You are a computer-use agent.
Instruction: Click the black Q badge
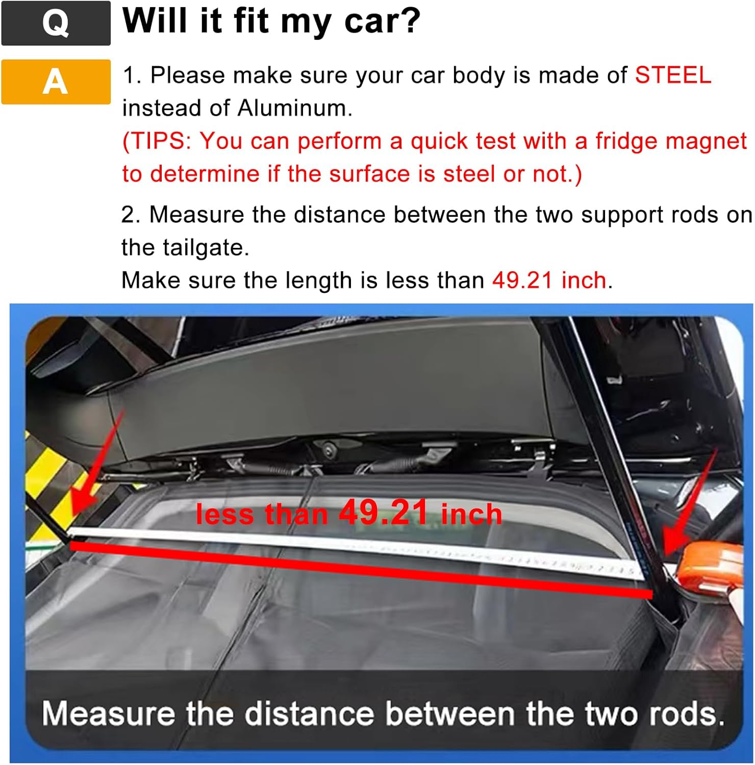[x=56, y=23]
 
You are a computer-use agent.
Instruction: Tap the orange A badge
[x=56, y=82]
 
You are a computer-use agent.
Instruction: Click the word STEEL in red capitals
[x=672, y=75]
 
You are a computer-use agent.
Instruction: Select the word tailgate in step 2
[x=205, y=248]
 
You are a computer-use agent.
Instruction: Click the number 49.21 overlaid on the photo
[x=383, y=512]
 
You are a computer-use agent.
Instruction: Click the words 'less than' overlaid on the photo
[x=261, y=514]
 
